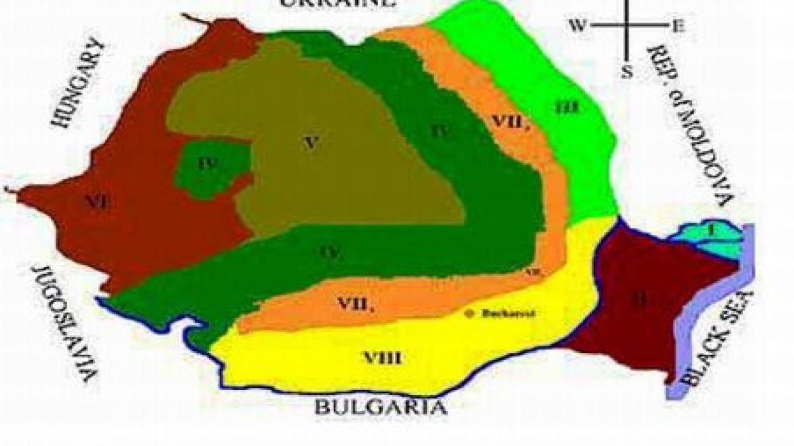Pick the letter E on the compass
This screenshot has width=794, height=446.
678,26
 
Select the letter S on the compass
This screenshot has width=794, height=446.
626,72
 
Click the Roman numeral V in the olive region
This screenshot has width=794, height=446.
308,141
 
